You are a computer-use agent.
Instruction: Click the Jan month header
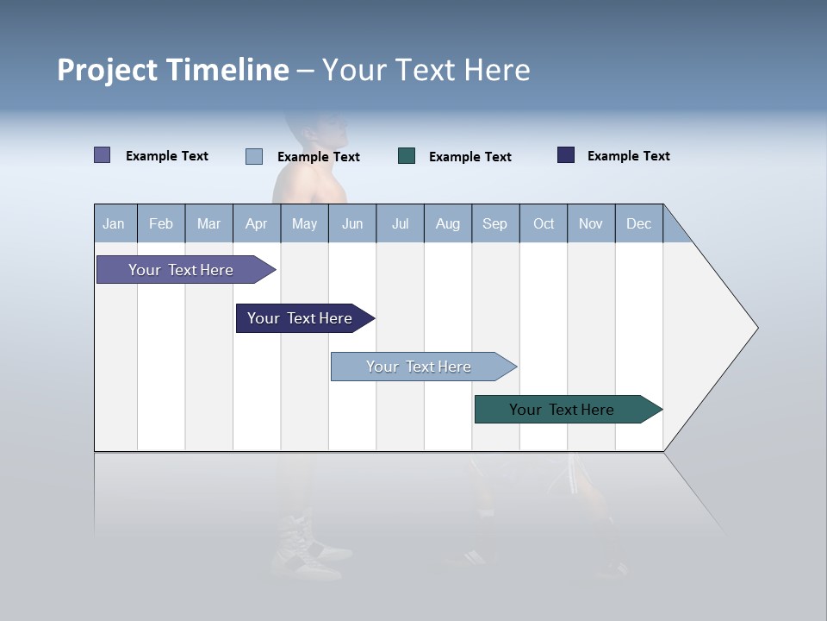click(x=115, y=223)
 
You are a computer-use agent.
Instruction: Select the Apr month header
click(x=257, y=223)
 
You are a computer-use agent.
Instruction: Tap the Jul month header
click(x=400, y=223)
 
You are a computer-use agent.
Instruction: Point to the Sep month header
click(x=495, y=223)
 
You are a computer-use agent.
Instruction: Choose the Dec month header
click(x=638, y=223)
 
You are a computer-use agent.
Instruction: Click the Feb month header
click(x=161, y=223)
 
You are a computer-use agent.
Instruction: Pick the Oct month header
click(x=544, y=223)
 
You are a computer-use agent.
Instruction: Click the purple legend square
click(x=102, y=155)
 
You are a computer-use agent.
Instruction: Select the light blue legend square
click(x=253, y=156)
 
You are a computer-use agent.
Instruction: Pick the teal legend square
click(x=407, y=156)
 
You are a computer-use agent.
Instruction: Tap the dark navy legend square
click(x=566, y=155)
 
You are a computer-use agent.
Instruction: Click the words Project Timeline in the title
click(x=172, y=70)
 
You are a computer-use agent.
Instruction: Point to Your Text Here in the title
click(x=426, y=70)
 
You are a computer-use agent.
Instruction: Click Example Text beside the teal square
click(x=470, y=157)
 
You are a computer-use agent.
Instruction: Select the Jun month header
click(x=352, y=223)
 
